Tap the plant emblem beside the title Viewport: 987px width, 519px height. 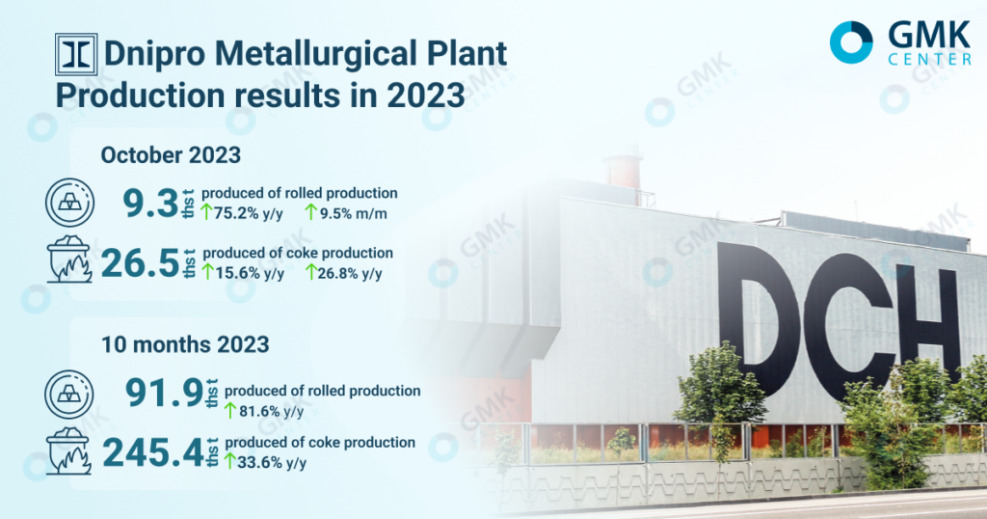point(76,54)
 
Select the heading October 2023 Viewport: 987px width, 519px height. point(171,155)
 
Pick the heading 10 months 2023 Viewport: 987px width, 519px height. point(185,344)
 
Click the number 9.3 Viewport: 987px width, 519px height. point(150,204)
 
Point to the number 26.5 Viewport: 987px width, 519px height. point(141,263)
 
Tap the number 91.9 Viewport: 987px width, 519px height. point(164,393)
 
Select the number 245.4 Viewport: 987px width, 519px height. point(153,452)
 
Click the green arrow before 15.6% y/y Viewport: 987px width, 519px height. point(207,272)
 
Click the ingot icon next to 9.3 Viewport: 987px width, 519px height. point(69,203)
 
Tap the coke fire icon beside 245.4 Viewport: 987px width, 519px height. point(69,451)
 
